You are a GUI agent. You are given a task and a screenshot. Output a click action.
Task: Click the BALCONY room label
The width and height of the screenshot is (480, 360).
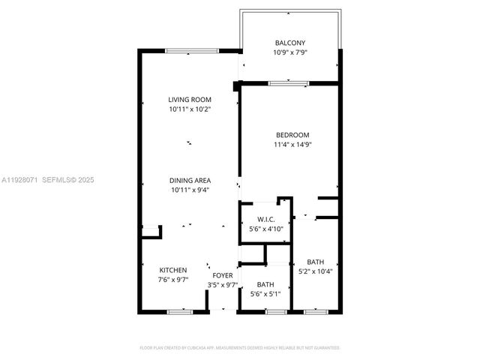coord(289,43)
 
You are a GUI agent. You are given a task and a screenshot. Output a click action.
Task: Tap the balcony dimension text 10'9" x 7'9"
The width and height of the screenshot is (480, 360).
coord(289,53)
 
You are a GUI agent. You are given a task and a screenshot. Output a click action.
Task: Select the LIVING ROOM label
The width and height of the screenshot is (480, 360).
coord(190,100)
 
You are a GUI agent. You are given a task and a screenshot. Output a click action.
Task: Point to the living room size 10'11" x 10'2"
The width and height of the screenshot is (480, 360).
coord(190,110)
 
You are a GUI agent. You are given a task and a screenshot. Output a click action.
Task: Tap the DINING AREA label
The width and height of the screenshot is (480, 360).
coord(190,180)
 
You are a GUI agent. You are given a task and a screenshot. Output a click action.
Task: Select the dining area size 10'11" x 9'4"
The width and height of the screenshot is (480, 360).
coord(190,190)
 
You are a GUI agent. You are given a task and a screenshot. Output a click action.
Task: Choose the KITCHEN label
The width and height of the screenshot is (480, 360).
coord(173,270)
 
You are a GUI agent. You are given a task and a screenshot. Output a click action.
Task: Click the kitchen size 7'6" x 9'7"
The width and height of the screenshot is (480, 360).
coord(173,280)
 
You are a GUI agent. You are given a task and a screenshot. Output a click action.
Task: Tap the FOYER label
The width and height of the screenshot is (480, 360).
coord(223,276)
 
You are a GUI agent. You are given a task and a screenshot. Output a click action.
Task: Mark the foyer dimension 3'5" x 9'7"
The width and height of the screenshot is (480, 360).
coord(223,286)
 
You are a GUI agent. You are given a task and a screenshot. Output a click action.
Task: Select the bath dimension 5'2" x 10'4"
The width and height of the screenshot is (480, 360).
coord(316,271)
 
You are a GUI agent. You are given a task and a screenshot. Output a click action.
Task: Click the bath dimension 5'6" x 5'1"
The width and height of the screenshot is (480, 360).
coord(265,294)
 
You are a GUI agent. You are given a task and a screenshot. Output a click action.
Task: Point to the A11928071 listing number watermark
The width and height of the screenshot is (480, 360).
coord(19,180)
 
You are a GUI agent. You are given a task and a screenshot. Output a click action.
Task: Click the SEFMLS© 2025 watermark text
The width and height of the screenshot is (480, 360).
coord(67,180)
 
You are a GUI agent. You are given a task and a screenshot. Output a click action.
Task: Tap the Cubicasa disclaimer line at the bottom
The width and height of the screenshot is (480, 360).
coord(240,348)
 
